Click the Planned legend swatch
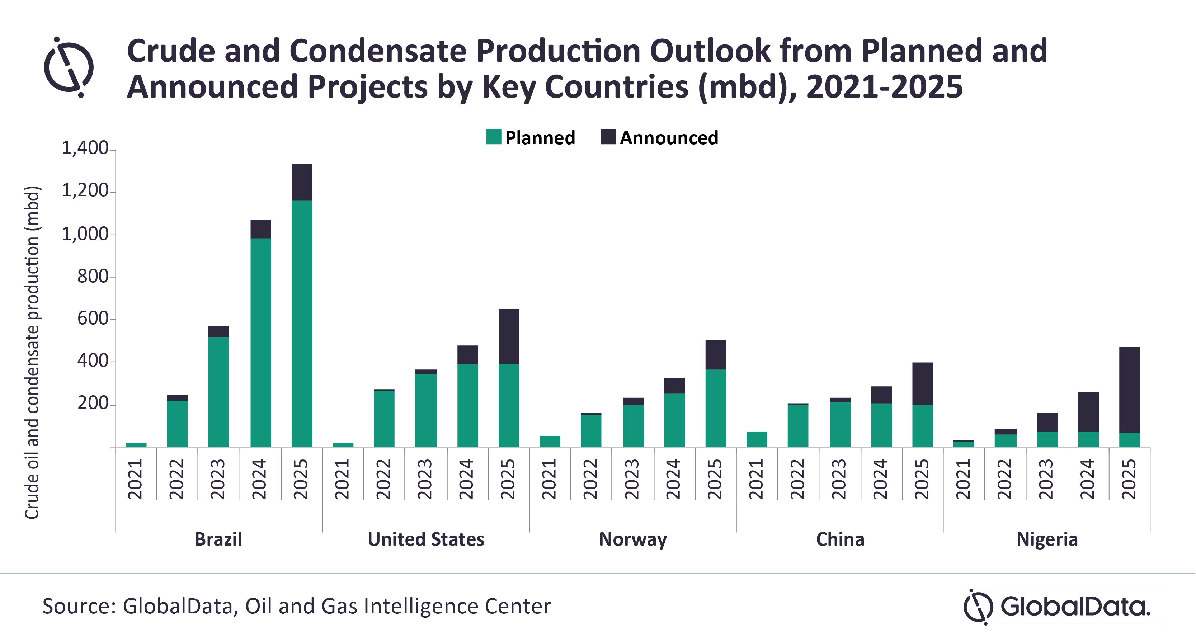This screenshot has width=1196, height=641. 494,137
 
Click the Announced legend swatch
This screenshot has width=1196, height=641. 608,137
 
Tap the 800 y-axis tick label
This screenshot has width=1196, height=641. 93,277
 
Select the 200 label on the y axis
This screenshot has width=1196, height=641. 93,403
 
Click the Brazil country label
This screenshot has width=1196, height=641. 218,539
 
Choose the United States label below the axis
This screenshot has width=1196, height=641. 426,539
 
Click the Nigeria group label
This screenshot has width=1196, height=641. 1047,540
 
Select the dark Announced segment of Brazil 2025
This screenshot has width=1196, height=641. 302,182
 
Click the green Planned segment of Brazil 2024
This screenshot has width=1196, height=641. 261,343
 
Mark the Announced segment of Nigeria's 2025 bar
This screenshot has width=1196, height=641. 1129,390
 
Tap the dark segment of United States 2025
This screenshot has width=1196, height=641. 509,336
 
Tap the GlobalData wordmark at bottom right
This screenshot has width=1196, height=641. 1074,607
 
